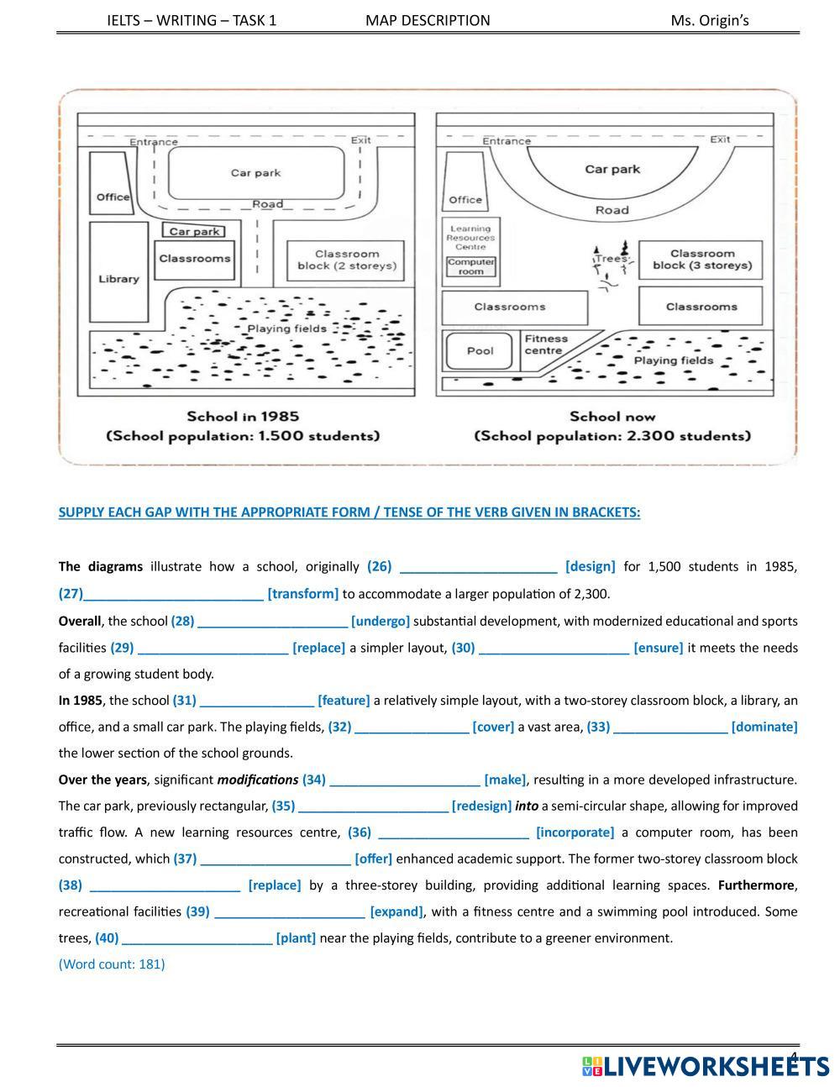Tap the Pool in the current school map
480,351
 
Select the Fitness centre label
545,344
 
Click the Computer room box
471,266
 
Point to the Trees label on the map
612,259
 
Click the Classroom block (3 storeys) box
701,260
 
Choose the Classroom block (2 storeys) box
346,260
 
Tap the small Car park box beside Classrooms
194,231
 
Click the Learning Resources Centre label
470,238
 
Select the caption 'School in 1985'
243,416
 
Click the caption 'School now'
612,416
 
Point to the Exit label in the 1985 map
361,140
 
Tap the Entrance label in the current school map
507,141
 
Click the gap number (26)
379,566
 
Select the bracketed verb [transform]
303,594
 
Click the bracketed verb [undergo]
381,621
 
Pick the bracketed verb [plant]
296,937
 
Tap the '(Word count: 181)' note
112,964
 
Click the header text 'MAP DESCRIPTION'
428,20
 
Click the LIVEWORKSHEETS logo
705,1066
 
